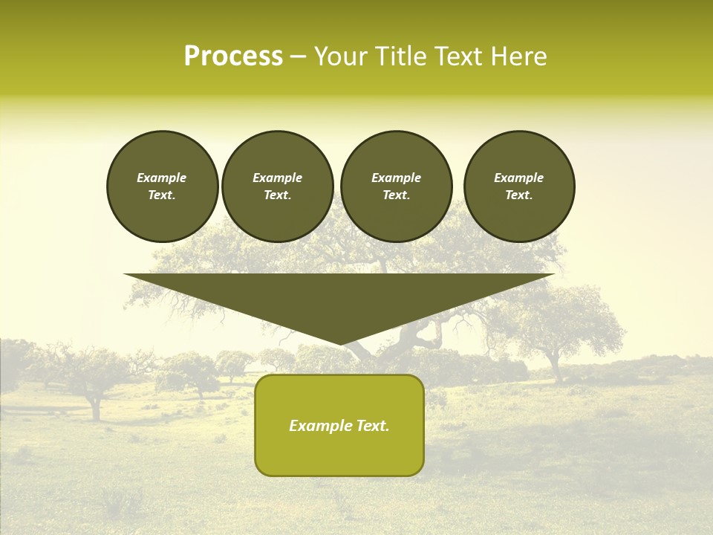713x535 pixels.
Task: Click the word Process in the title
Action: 233,56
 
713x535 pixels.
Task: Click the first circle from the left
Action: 162,187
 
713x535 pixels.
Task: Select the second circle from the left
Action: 277,187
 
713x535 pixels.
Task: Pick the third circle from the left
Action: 396,187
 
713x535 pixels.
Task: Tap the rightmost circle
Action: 518,187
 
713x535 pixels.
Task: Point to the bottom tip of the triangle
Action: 339,343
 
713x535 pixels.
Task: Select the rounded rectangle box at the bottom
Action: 339,425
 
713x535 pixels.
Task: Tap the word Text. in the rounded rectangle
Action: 374,426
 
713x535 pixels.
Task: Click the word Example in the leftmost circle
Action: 162,178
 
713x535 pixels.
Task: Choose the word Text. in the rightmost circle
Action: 518,195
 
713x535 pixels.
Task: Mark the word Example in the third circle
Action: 396,178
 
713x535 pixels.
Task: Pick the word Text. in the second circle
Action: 277,195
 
